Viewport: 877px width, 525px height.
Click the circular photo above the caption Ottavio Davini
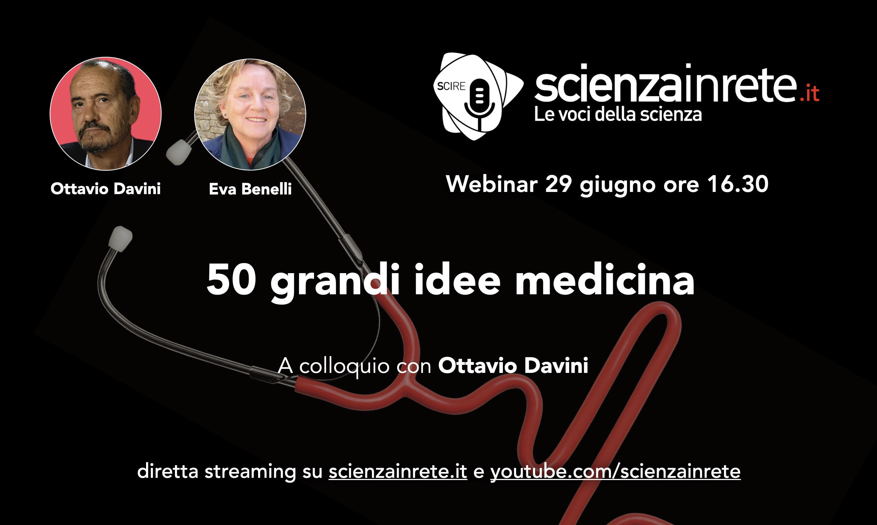coord(105,113)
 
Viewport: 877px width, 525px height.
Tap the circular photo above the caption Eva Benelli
coord(250,114)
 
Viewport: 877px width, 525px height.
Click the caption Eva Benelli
coord(250,189)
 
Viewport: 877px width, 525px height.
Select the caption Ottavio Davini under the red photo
coord(105,189)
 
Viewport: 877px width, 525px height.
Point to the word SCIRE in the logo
coord(451,86)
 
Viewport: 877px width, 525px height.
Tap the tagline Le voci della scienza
coord(618,114)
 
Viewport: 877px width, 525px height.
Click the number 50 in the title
coord(231,279)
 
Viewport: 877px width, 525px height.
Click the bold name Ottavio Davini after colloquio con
coord(513,365)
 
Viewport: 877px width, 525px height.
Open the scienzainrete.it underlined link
coord(398,471)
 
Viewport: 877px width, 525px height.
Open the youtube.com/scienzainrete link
coord(615,472)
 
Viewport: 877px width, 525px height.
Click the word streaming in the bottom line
coord(250,472)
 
